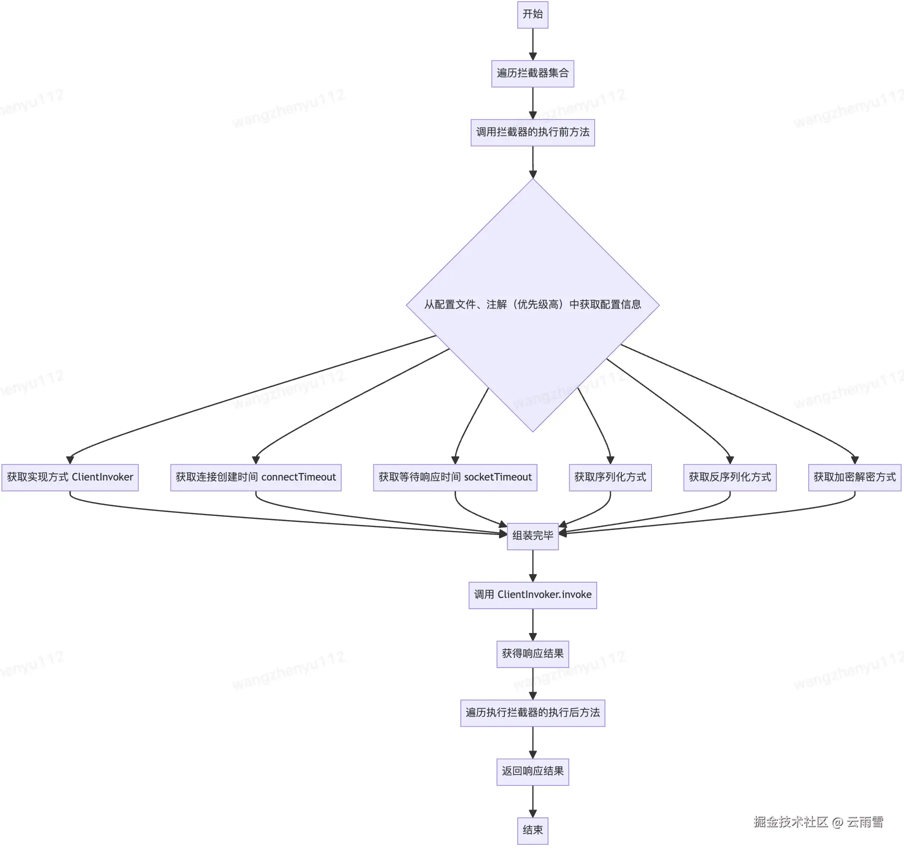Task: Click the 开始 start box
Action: pos(532,14)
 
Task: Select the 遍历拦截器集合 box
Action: pos(532,73)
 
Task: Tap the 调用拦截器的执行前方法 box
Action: pos(532,132)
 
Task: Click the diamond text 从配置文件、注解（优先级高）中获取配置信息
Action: pos(532,304)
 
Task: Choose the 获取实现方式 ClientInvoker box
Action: pos(70,477)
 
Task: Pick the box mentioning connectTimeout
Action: pos(256,477)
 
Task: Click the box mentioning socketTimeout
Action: pos(455,477)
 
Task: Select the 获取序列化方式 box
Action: pos(610,477)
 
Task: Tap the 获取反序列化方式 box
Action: pos(730,477)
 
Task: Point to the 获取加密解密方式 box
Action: pos(855,477)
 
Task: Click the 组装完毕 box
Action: pos(532,536)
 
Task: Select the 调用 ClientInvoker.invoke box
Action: pos(532,595)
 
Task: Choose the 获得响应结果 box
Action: pos(532,654)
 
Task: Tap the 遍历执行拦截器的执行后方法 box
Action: pos(532,713)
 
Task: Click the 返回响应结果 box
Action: pos(532,771)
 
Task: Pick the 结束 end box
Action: pos(532,830)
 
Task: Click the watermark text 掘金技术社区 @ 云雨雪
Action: pos(818,821)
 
